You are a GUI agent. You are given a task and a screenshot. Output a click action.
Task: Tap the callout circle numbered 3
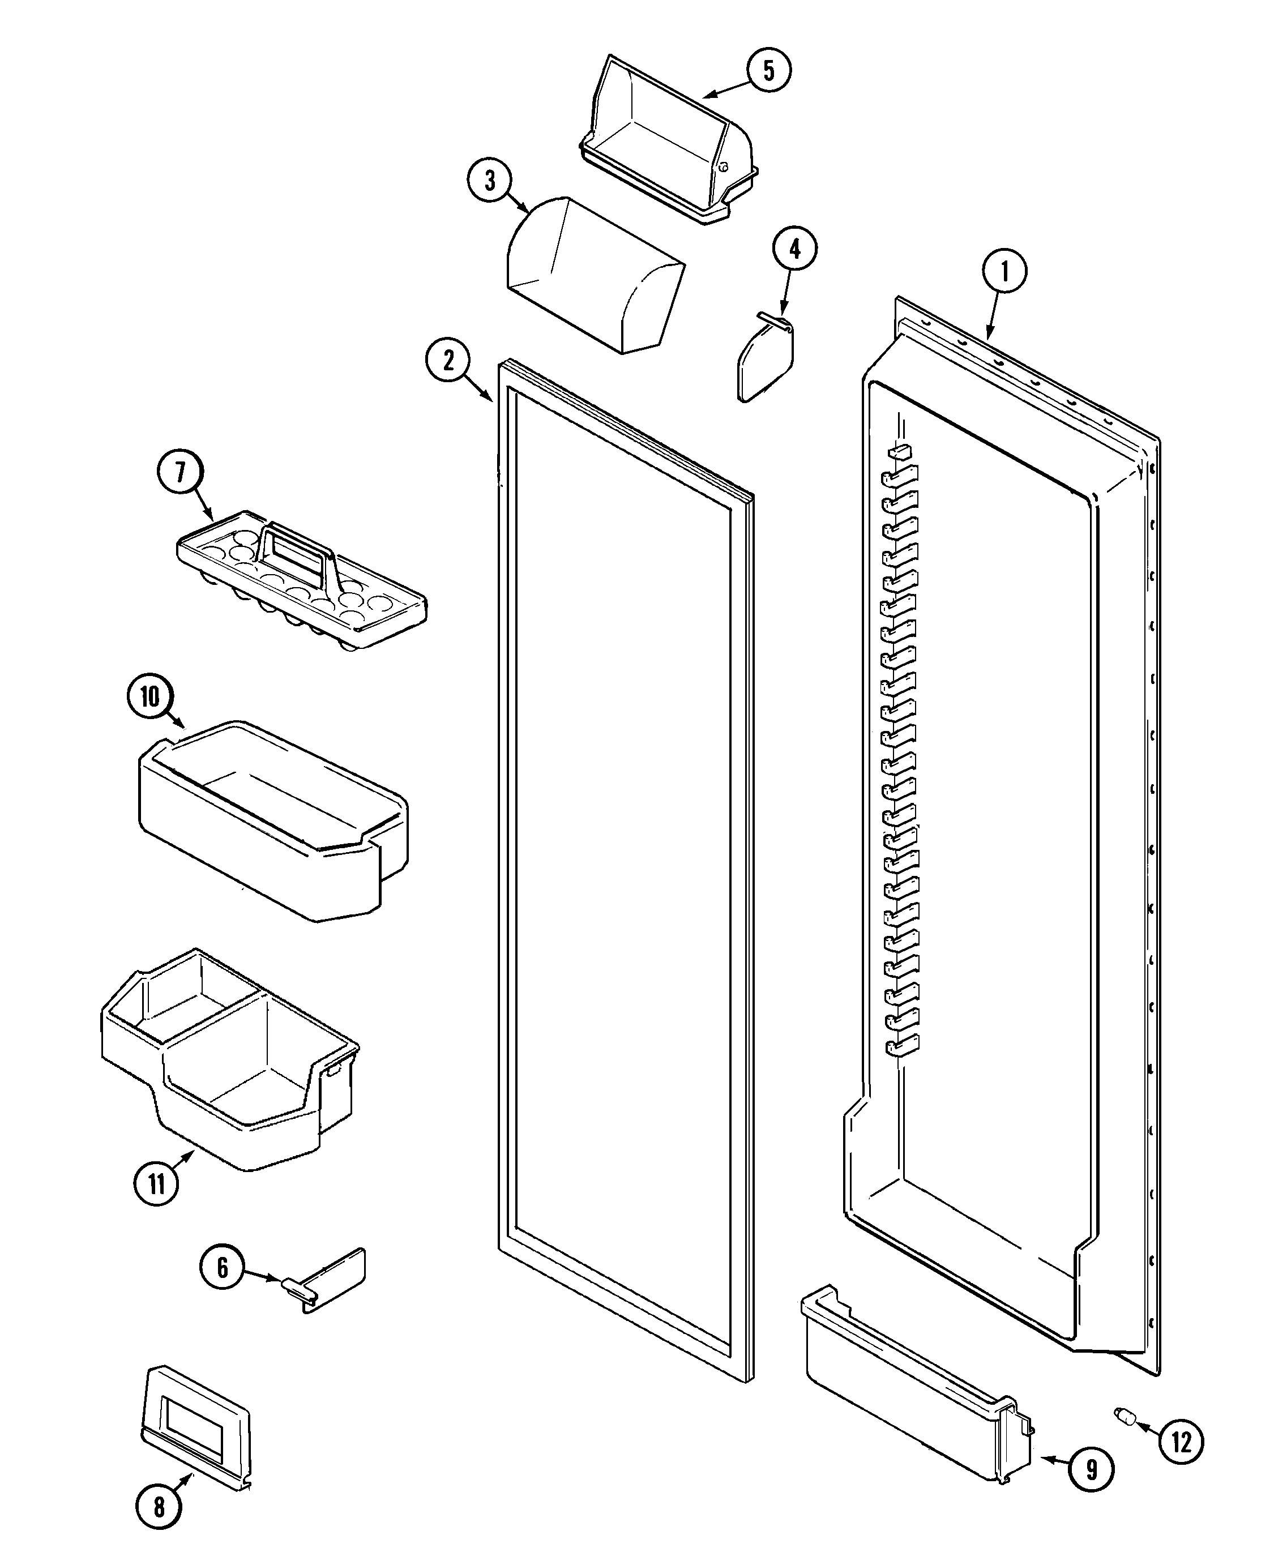click(489, 181)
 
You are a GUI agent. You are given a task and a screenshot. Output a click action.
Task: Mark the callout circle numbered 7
click(181, 472)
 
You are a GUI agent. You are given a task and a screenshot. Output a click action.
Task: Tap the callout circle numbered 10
click(149, 696)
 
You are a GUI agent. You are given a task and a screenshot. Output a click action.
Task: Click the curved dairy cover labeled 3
click(595, 275)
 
